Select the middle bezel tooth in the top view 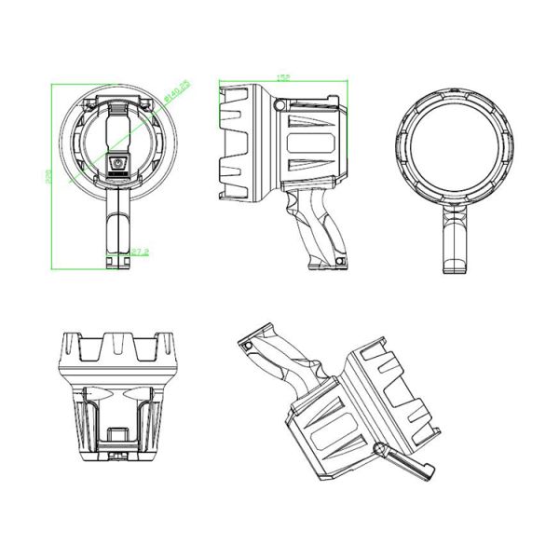(x=117, y=342)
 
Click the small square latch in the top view (x=117, y=433)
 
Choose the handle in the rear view (x=118, y=233)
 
